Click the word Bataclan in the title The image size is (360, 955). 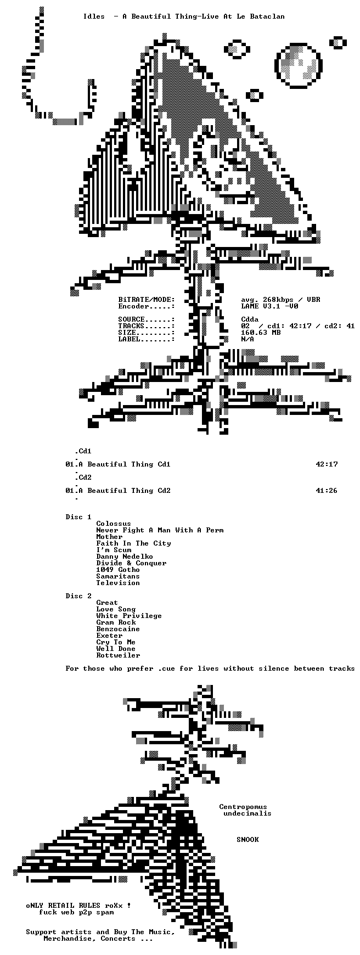[267, 16]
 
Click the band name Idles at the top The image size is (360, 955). [94, 16]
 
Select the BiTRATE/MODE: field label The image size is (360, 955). [147, 300]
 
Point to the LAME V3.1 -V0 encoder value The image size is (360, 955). [269, 306]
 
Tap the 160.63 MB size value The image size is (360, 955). [261, 333]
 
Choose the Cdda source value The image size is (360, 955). [250, 319]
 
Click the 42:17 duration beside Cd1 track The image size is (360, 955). [327, 464]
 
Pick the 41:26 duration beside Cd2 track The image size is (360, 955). [327, 491]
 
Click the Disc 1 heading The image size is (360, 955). [78, 517]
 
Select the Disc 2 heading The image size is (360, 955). [78, 596]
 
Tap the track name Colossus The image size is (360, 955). [114, 524]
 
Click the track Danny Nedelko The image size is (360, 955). [125, 557]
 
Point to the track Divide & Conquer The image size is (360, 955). [131, 563]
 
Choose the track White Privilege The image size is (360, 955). [129, 616]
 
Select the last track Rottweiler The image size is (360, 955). [118, 655]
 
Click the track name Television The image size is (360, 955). [118, 583]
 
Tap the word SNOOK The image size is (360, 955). [248, 840]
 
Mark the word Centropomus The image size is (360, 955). [243, 807]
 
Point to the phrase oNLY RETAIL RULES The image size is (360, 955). [63, 906]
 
